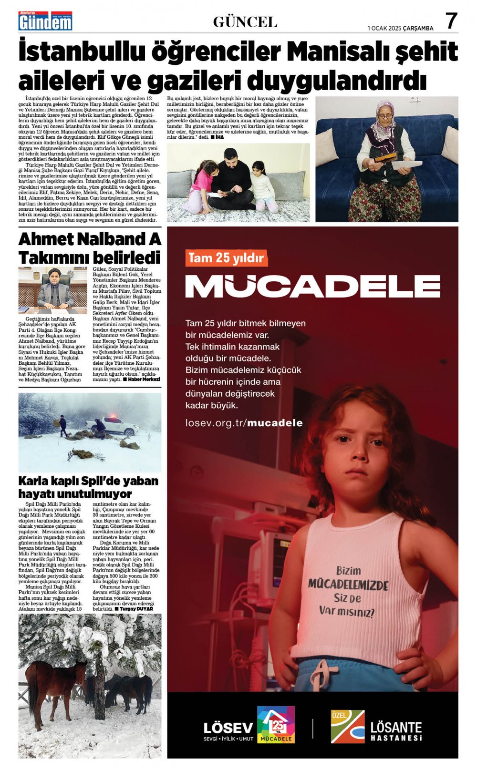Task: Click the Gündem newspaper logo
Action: [x=45, y=21]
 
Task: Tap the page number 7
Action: [x=451, y=21]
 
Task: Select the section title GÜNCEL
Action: [x=245, y=22]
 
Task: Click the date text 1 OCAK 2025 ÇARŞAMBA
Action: [x=400, y=28]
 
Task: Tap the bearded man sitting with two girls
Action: [x=232, y=176]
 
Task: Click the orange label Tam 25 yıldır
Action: [x=226, y=258]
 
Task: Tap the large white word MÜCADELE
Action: [x=312, y=286]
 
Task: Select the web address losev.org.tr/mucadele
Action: [x=244, y=423]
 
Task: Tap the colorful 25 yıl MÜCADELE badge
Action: [x=276, y=725]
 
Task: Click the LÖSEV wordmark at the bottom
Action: [x=228, y=728]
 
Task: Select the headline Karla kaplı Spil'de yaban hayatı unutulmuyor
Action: [x=88, y=487]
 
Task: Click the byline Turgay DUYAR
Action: [x=136, y=609]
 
